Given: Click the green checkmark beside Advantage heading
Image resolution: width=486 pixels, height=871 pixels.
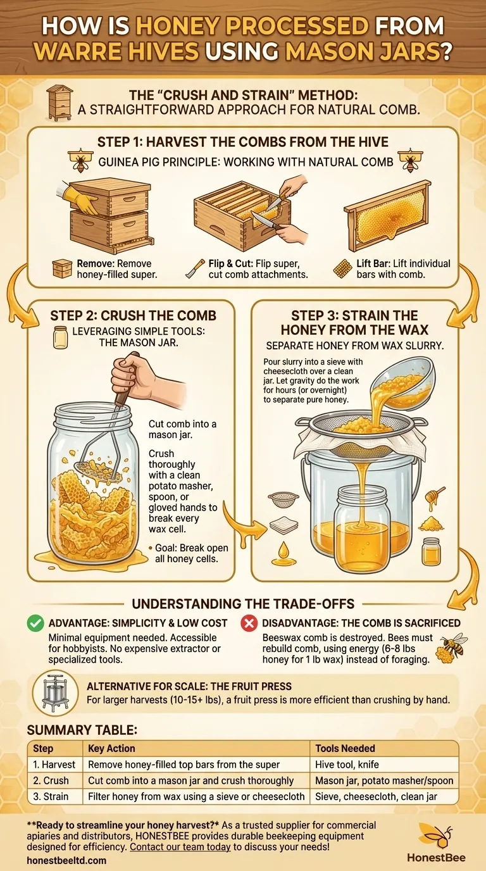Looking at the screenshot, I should (35, 623).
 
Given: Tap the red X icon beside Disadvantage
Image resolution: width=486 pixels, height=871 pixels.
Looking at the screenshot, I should (249, 623).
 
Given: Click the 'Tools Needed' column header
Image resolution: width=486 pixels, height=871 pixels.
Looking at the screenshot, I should (345, 748).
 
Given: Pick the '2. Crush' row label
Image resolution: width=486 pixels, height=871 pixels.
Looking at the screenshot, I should (52, 780).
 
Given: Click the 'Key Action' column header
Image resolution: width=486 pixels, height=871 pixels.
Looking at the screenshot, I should (112, 748).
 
